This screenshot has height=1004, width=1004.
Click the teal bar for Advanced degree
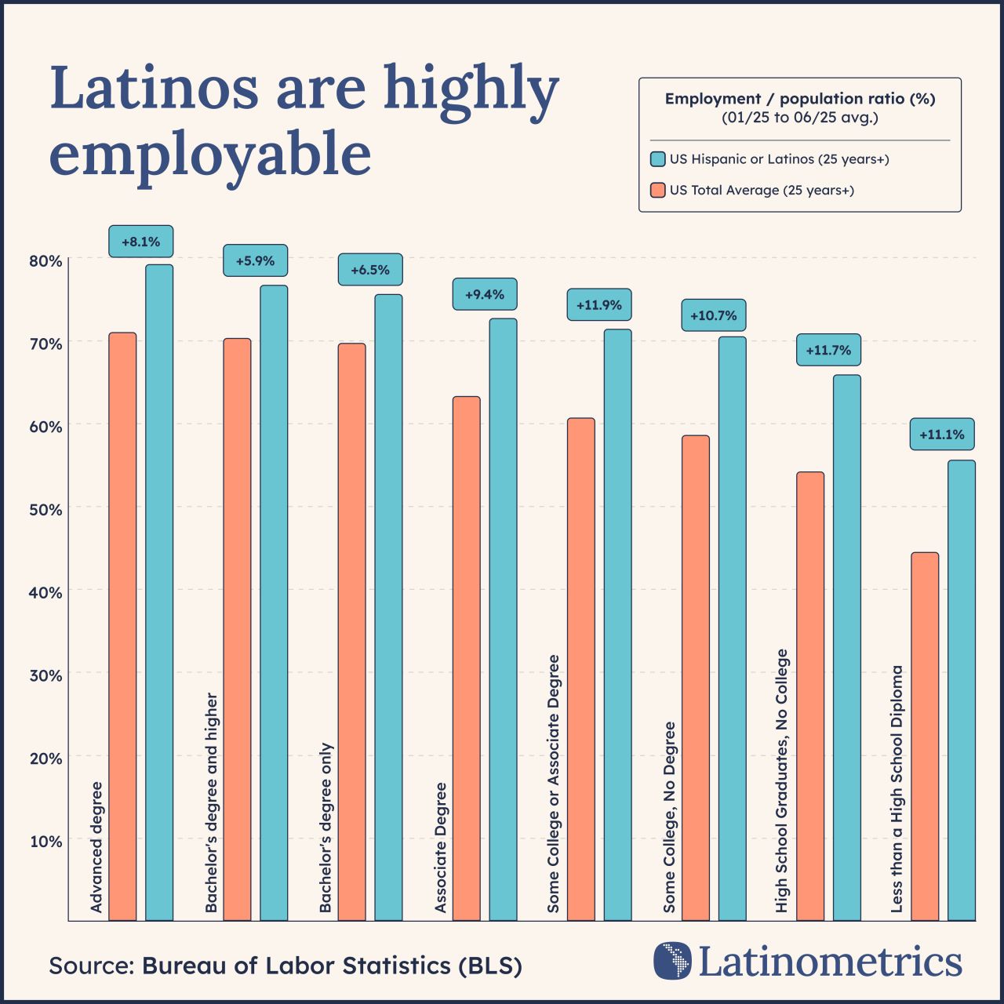pyautogui.click(x=159, y=592)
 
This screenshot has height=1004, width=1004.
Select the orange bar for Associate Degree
pyautogui.click(x=467, y=658)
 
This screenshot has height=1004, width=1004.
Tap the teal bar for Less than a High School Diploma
pyautogui.click(x=962, y=690)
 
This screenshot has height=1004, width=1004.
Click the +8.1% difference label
pyautogui.click(x=140, y=242)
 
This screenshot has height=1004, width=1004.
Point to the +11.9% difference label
pyautogui.click(x=599, y=304)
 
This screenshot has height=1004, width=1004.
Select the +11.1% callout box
pyautogui.click(x=942, y=434)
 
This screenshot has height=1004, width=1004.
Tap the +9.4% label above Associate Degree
pyautogui.click(x=485, y=294)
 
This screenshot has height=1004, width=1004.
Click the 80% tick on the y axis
pyautogui.click(x=45, y=260)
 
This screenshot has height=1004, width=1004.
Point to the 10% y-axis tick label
pyautogui.click(x=45, y=842)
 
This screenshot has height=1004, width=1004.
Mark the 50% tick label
pyautogui.click(x=45, y=510)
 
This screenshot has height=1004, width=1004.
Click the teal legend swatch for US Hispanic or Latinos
pyautogui.click(x=658, y=159)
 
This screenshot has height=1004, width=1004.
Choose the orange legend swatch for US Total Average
pyautogui.click(x=658, y=190)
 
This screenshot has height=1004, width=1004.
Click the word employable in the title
pyautogui.click(x=210, y=155)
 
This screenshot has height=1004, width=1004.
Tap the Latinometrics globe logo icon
pyautogui.click(x=672, y=961)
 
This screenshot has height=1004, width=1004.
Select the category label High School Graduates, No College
pyautogui.click(x=781, y=780)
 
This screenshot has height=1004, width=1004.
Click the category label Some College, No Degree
pyautogui.click(x=669, y=817)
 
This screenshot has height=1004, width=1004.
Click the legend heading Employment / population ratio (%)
pyautogui.click(x=800, y=99)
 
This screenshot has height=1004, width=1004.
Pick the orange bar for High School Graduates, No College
pyautogui.click(x=810, y=696)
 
